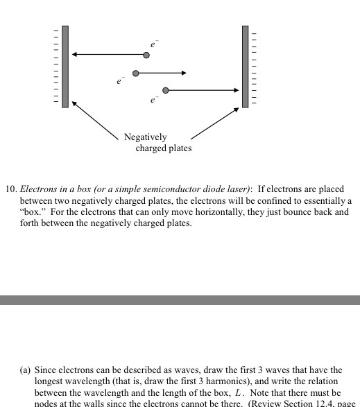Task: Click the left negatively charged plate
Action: [65, 67]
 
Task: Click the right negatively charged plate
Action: [245, 67]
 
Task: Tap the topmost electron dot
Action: [146, 55]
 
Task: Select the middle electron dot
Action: [136, 73]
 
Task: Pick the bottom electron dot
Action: [165, 90]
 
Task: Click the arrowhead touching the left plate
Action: [75, 55]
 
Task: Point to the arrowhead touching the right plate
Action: [236, 90]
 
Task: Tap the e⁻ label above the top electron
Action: [153, 43]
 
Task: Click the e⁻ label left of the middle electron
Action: [120, 82]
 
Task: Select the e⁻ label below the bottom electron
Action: [154, 101]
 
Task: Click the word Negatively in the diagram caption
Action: [146, 137]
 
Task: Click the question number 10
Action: [10, 189]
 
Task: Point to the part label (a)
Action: [25, 370]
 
